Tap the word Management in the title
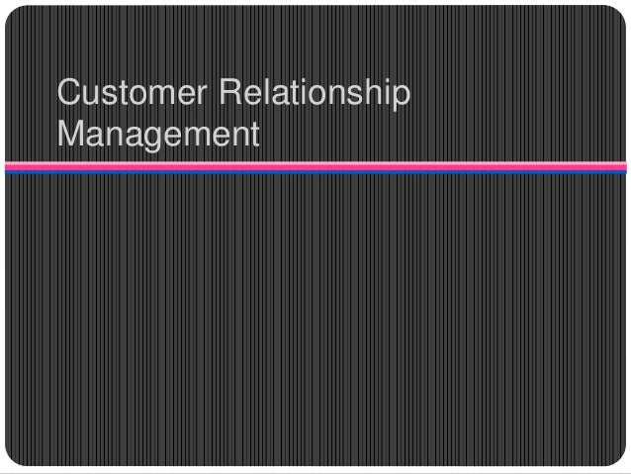(x=158, y=134)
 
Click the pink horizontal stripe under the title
(x=315, y=164)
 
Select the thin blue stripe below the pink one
(x=315, y=170)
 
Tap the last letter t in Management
(x=252, y=133)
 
